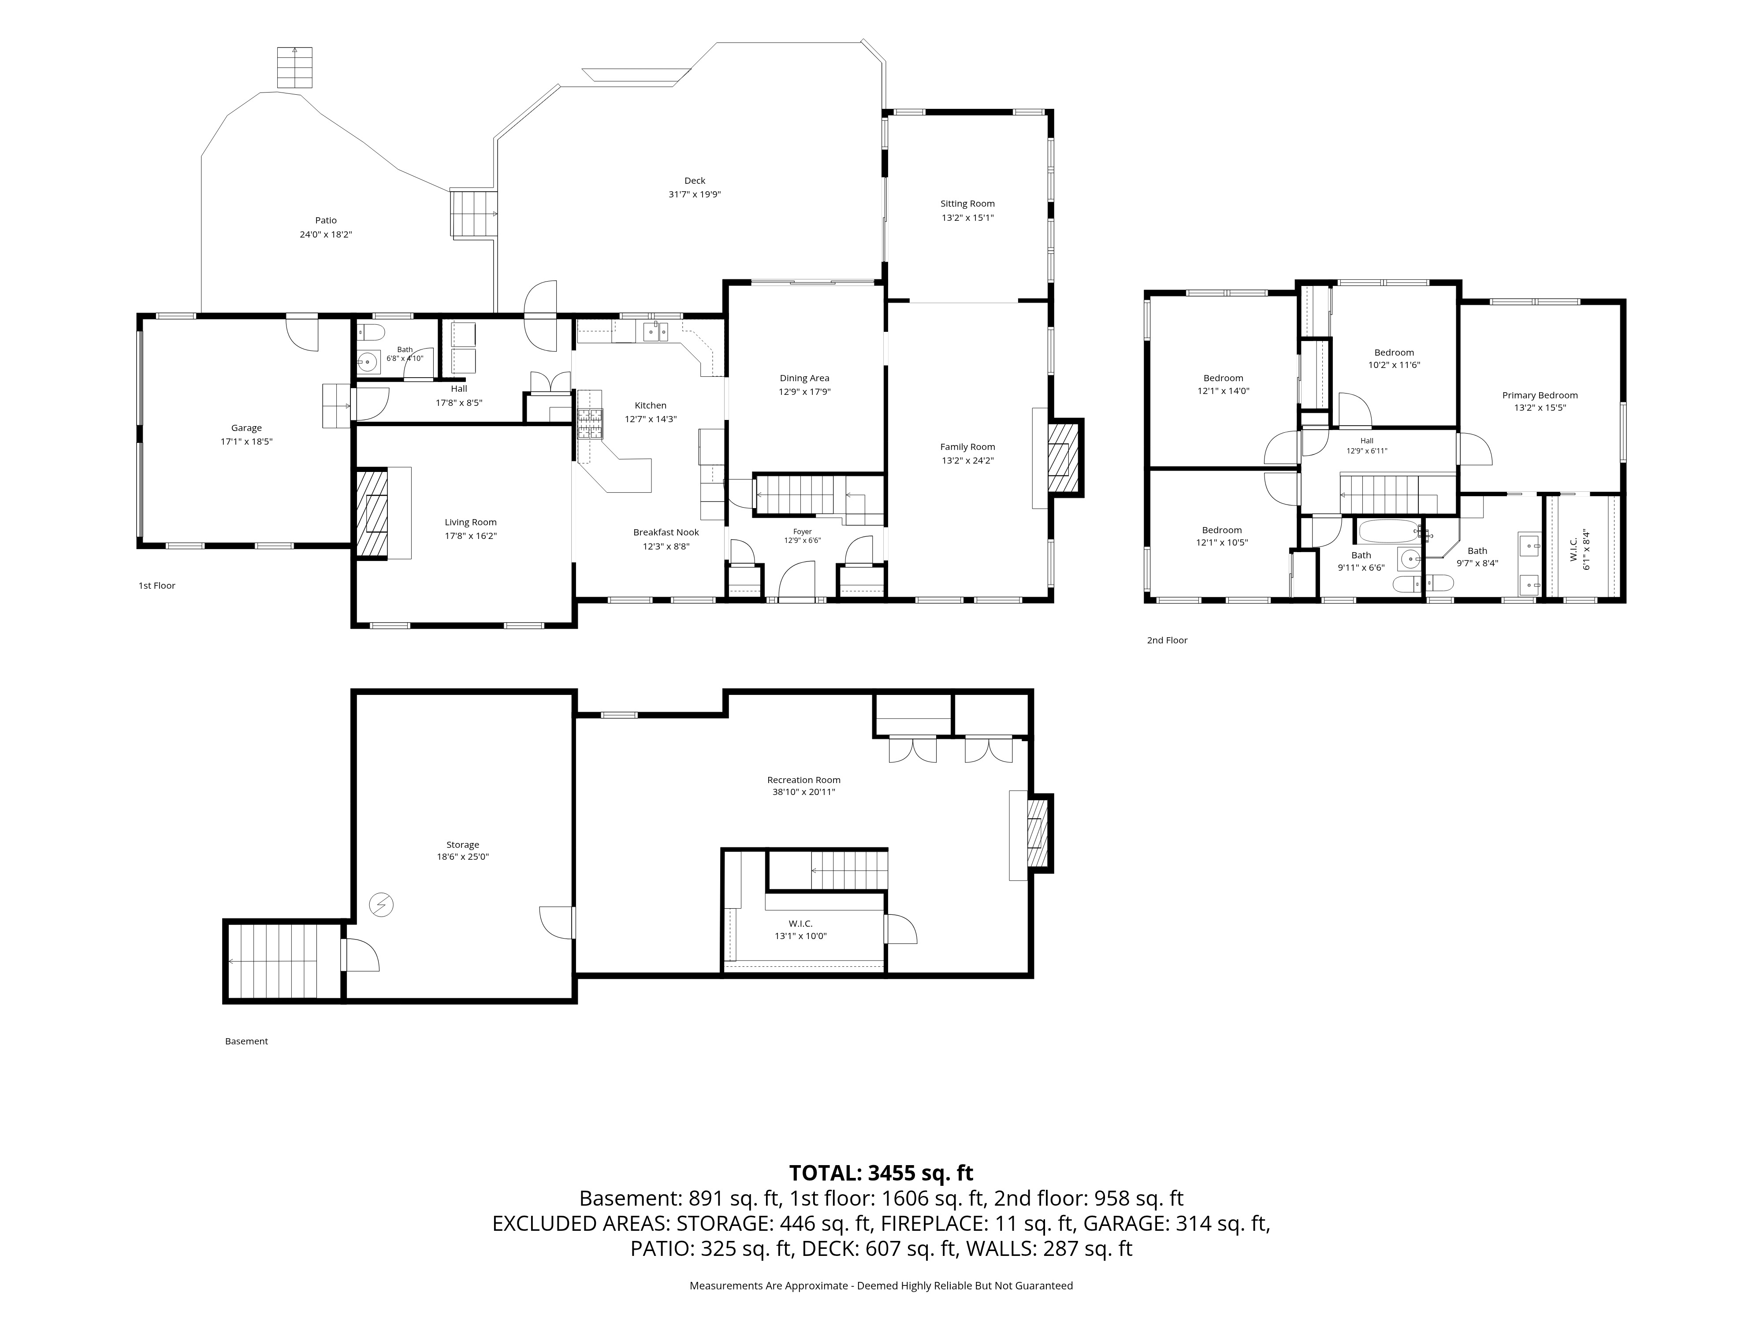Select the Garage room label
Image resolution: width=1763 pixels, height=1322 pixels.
click(246, 428)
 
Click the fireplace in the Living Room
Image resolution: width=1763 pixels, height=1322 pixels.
click(372, 513)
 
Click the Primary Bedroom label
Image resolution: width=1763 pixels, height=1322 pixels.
click(1540, 395)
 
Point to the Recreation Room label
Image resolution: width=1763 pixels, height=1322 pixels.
click(803, 780)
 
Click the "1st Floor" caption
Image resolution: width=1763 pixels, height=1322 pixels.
click(157, 586)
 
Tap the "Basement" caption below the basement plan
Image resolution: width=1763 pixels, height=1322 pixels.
click(246, 1041)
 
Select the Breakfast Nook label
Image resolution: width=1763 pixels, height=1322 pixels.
click(666, 532)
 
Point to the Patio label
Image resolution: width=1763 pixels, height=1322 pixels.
click(326, 221)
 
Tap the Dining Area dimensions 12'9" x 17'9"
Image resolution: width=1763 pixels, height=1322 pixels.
click(804, 392)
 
